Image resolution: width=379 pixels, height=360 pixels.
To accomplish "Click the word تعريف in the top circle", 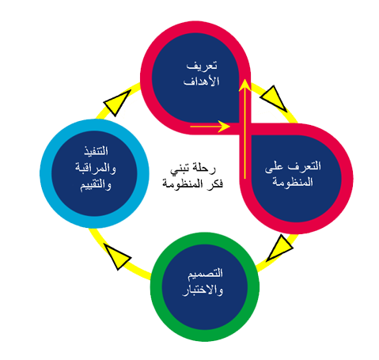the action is coord(202,66).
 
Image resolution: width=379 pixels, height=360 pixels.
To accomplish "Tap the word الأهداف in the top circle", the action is coord(202,81).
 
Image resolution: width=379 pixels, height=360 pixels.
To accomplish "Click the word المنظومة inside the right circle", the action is coord(293,182).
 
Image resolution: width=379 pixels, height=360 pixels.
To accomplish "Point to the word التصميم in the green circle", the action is coord(205,274).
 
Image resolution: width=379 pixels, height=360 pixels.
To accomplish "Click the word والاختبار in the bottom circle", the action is coord(203,290).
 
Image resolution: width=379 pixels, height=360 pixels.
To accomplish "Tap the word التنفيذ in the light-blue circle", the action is coord(96,151).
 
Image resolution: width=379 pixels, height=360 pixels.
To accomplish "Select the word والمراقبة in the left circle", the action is coord(96,168).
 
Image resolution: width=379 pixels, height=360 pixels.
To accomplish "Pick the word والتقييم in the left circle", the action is coord(96,185).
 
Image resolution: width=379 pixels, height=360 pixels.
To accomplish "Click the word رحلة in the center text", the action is coord(204,169).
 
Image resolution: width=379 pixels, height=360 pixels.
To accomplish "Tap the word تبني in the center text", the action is coord(180,169).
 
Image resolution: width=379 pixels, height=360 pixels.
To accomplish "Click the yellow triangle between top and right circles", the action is coord(275,97).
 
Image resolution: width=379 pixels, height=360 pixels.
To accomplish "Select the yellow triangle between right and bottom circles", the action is coord(280,248).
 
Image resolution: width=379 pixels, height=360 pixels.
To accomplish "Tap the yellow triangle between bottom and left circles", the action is coord(117,256).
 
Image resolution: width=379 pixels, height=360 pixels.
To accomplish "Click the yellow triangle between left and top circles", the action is coord(116,103).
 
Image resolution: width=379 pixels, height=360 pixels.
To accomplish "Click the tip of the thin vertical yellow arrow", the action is coord(245,79).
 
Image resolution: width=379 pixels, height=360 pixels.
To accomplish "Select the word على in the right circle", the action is coord(274,167).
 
